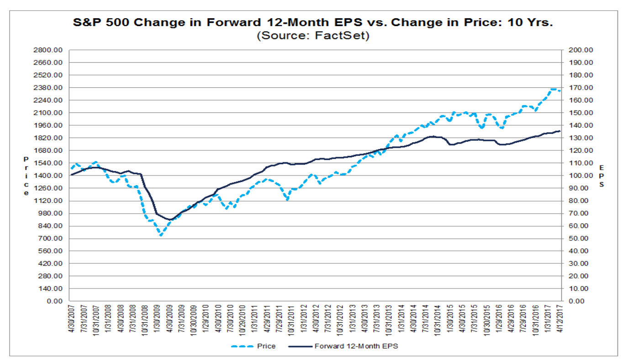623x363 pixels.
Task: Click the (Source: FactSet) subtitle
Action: [313, 36]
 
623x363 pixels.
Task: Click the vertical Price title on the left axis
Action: [26, 176]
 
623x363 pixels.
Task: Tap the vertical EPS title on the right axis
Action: [601, 176]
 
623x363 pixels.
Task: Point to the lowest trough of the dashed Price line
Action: [161, 235]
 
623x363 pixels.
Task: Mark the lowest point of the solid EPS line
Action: [170, 220]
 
